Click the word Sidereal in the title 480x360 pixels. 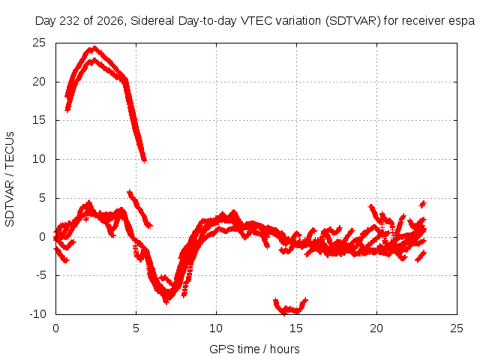(x=152, y=21)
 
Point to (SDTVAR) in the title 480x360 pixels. (x=352, y=21)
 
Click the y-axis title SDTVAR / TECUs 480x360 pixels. (x=10, y=179)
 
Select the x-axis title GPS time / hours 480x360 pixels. (x=254, y=349)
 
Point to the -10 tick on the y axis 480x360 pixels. (x=38, y=314)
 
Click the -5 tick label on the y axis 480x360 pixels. (x=41, y=275)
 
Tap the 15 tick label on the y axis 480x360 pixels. (x=39, y=120)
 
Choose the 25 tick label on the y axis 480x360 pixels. (x=39, y=43)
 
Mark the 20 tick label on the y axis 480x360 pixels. (x=39, y=82)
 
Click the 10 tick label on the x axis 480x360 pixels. (x=216, y=328)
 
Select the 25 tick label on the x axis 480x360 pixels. (x=457, y=328)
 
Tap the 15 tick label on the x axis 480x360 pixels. (x=296, y=328)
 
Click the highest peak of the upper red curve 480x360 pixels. (x=94, y=47)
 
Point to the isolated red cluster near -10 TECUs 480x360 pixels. (x=290, y=307)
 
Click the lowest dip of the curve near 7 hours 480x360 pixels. (x=166, y=301)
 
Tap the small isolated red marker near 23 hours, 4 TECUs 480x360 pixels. (x=423, y=204)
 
